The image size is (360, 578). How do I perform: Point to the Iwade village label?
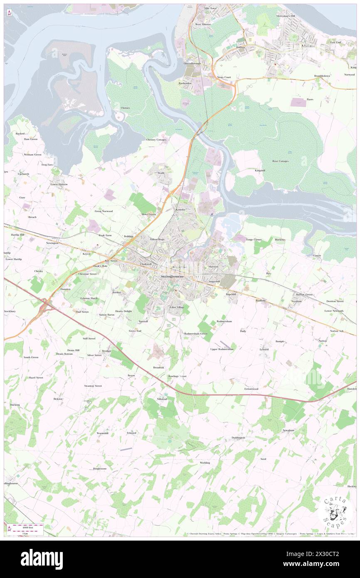coord(161,173)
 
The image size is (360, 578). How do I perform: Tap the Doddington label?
coord(238,438)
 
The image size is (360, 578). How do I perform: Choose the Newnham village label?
coord(288,430)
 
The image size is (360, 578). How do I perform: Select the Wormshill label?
coord(102,433)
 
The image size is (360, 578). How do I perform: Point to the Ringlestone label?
coord(100,469)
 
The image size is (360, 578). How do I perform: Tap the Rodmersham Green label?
coord(195,333)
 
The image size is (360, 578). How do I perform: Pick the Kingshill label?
coord(260,170)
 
